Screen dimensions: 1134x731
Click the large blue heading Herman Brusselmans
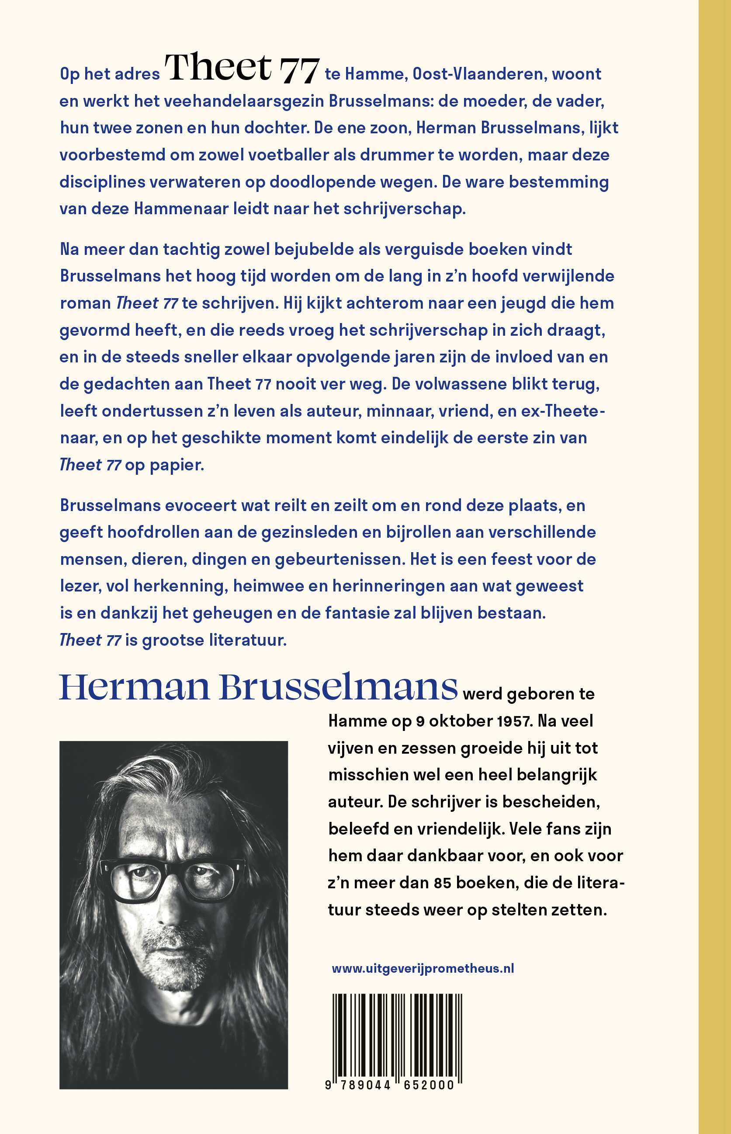click(258, 687)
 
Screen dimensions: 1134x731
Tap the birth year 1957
click(513, 721)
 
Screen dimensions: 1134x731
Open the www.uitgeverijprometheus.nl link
click(423, 969)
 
